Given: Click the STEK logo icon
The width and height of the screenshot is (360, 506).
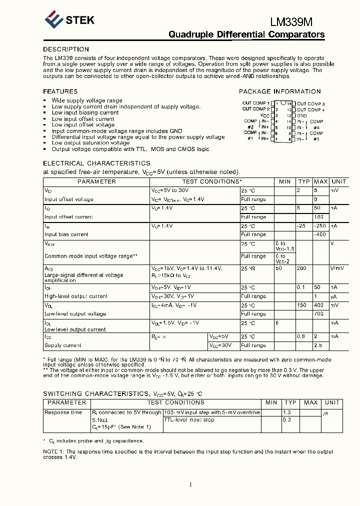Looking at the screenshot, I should [53, 20].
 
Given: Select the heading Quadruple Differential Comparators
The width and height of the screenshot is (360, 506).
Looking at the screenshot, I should [246, 34].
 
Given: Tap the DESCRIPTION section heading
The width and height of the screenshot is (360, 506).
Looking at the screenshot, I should [66, 49].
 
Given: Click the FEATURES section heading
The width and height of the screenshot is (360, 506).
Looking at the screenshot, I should [60, 91].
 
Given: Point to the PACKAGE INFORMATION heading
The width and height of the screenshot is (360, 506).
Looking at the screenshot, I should [279, 91].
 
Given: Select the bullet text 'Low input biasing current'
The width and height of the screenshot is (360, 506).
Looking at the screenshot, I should [85, 112].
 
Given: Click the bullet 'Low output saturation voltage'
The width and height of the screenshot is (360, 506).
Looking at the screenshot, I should [90, 143].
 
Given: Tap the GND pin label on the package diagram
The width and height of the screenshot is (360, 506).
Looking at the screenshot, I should [302, 115].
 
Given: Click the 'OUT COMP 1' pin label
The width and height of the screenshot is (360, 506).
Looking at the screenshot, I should [255, 103].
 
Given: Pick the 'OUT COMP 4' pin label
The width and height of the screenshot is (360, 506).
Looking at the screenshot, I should [310, 109].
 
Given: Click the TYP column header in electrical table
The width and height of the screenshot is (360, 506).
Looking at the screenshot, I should [304, 181].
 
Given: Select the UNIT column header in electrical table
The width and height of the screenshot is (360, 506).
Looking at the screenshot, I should [338, 181].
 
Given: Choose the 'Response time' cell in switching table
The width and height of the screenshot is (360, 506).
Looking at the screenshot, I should [63, 412].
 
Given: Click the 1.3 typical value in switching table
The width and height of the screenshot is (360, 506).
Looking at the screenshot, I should [287, 412].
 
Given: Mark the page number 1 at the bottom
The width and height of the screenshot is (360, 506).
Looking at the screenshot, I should [190, 484].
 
